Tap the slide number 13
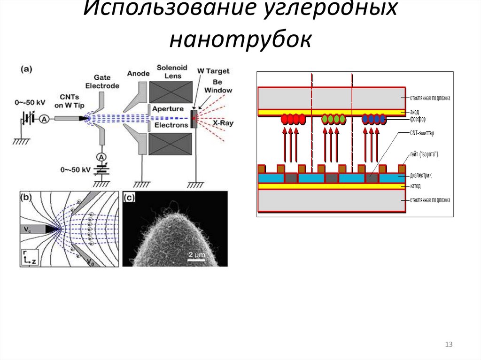[x=449, y=345]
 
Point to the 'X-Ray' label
[x=223, y=123]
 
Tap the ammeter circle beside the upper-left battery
[x=44, y=119]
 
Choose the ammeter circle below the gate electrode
[x=100, y=156]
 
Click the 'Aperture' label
[x=171, y=109]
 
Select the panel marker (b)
[x=26, y=198]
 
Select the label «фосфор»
[x=418, y=119]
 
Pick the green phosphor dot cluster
[x=334, y=119]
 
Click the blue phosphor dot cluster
[x=374, y=119]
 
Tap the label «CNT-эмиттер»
[x=421, y=133]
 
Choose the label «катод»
[x=415, y=186]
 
